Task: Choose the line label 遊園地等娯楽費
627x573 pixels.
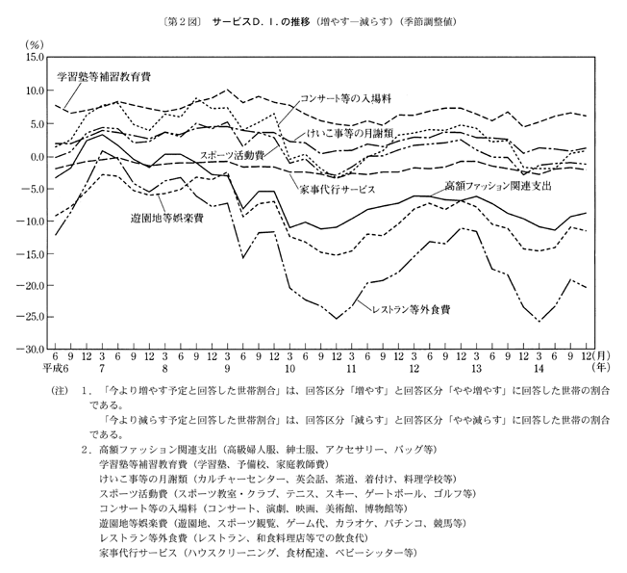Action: (x=166, y=219)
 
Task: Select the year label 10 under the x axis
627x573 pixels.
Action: (x=289, y=371)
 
